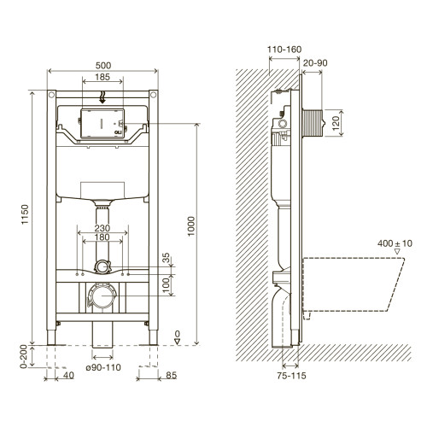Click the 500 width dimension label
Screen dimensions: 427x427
103,66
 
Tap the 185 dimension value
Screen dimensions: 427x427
102,77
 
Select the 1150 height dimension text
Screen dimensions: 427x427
25,214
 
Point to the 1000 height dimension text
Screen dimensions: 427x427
191,226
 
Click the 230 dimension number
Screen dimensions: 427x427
102,228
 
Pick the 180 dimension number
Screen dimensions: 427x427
102,237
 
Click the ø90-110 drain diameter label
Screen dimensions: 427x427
103,367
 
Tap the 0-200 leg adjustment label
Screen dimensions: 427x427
23,357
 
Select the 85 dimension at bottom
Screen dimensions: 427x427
171,376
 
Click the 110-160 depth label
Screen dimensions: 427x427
284,50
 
